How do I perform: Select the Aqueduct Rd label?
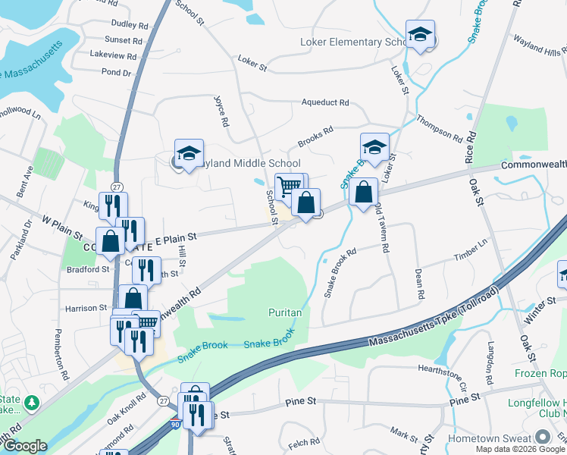(x=324, y=102)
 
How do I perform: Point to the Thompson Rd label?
(x=439, y=129)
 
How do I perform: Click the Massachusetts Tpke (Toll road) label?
(x=434, y=319)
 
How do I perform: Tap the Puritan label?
(x=285, y=312)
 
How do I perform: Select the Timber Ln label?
(x=470, y=248)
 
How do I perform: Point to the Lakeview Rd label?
(x=113, y=55)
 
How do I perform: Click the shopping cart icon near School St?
(x=288, y=185)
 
